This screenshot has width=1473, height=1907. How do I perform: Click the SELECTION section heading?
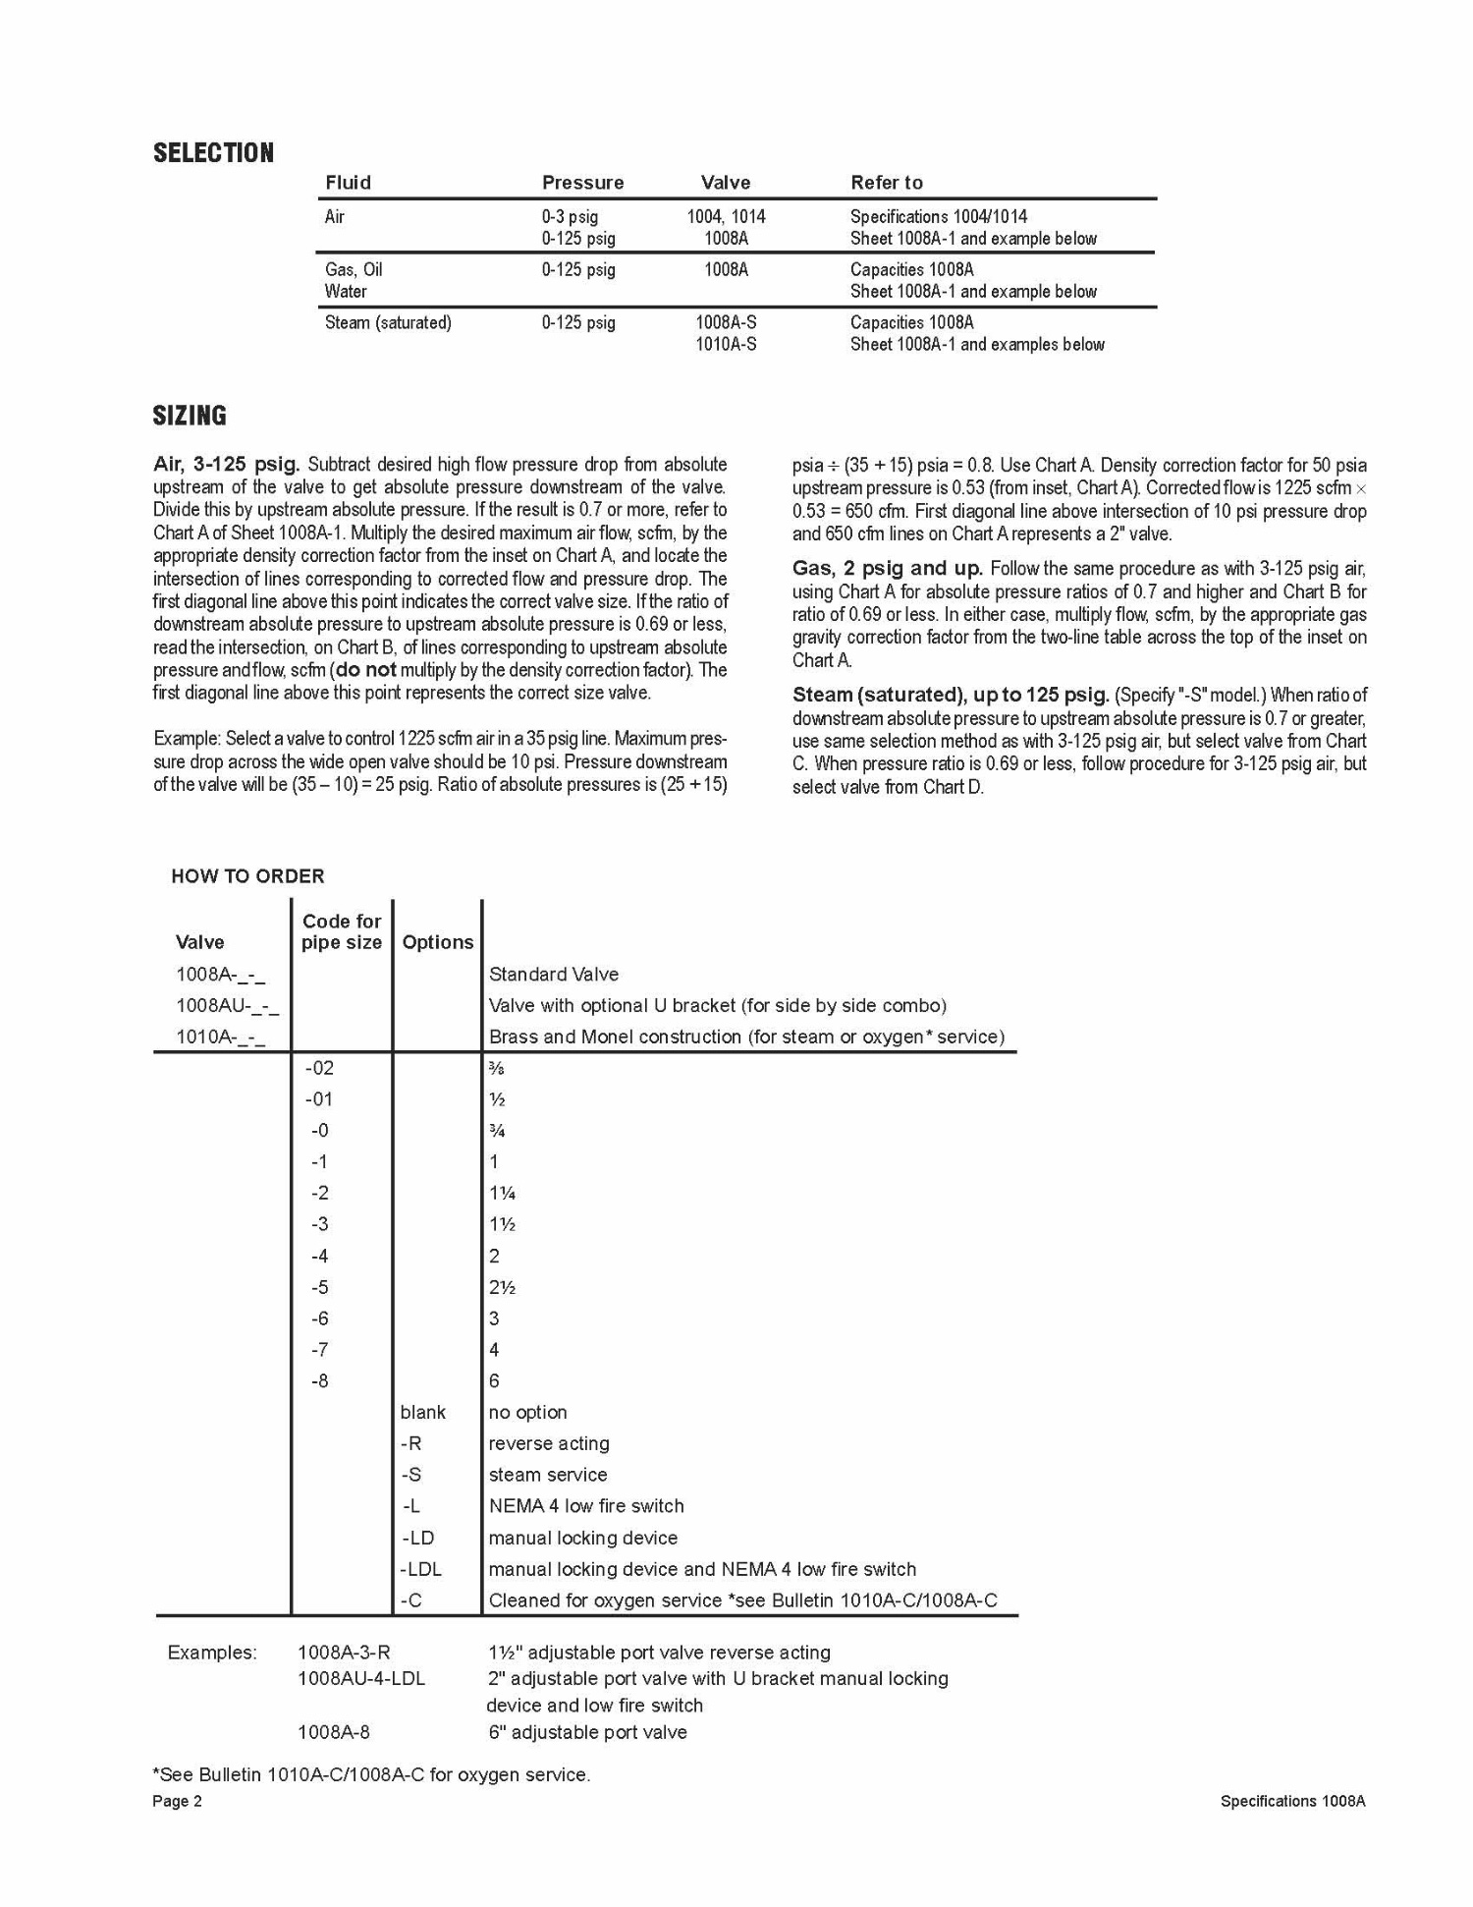click(213, 153)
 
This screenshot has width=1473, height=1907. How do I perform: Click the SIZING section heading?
click(190, 416)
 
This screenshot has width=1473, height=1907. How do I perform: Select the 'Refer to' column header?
click(886, 183)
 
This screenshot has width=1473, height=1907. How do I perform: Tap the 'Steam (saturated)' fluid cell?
click(388, 323)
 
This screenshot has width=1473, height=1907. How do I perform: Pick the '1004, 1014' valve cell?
click(726, 217)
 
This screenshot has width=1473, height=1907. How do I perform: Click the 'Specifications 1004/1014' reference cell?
click(938, 217)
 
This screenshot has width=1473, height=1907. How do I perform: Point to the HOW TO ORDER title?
click(247, 876)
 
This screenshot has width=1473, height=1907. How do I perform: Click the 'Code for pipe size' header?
click(341, 931)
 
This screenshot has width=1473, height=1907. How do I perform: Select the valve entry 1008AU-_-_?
click(227, 1006)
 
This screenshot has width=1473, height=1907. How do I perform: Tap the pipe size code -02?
click(319, 1068)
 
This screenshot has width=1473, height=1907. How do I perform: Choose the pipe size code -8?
click(319, 1381)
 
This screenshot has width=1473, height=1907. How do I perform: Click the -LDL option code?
click(421, 1570)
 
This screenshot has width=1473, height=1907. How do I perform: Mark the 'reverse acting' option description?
click(549, 1444)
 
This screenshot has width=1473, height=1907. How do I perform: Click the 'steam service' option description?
click(548, 1476)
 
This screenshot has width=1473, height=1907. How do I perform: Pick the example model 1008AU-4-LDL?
click(361, 1679)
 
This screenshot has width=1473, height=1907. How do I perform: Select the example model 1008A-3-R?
click(344, 1654)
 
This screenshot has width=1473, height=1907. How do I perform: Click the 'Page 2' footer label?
click(177, 1802)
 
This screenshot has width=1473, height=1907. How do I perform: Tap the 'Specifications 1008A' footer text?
click(1292, 1802)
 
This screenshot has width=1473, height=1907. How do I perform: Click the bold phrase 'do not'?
click(366, 671)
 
